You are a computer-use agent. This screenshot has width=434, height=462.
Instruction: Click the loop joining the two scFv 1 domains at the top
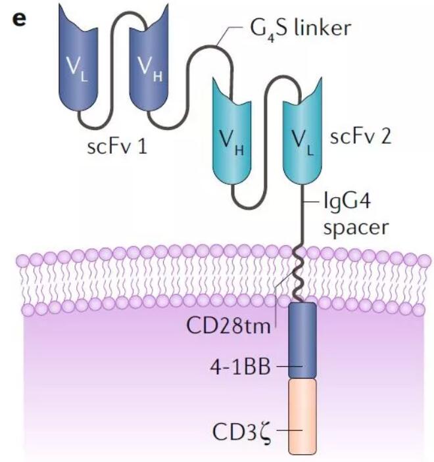click(114, 20)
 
